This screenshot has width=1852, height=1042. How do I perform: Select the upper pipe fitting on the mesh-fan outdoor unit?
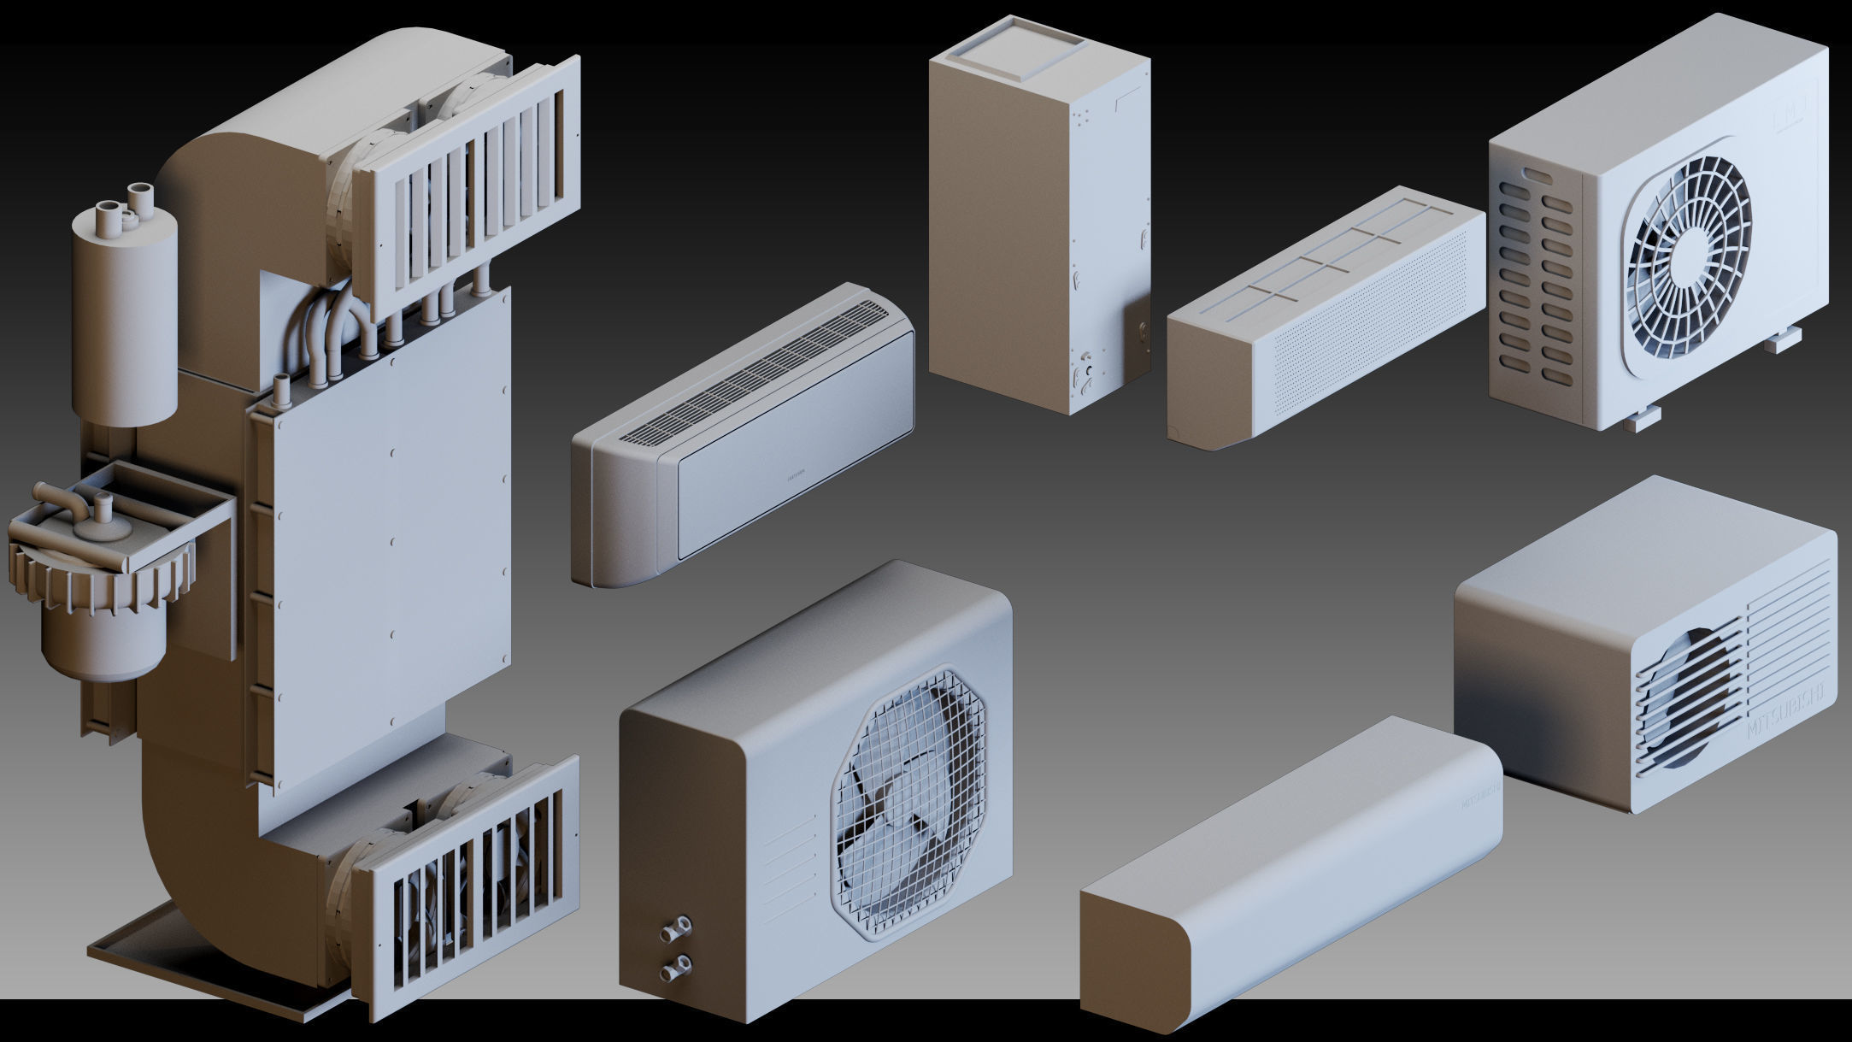click(x=681, y=925)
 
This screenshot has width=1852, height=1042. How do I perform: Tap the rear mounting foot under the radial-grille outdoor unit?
click(x=1783, y=340)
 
